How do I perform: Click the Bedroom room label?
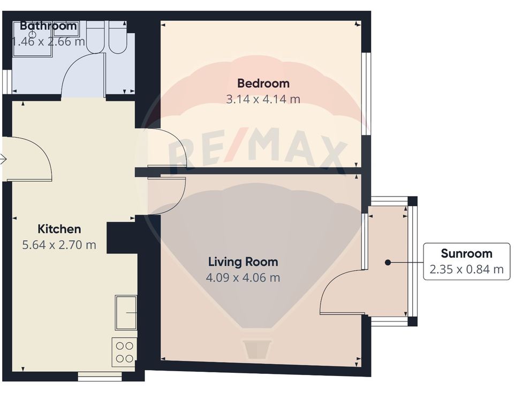point(263,83)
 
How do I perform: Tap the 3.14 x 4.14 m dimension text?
point(263,99)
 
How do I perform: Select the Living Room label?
point(243,262)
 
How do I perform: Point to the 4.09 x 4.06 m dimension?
point(243,277)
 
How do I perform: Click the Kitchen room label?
point(59,229)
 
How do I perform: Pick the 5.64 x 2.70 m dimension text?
point(59,245)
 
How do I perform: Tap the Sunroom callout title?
point(466,253)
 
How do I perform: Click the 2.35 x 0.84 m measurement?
point(466,269)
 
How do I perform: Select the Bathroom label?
point(48,26)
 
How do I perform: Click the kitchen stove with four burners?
point(124,351)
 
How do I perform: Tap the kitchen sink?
point(126,312)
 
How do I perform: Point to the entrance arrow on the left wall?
point(3,159)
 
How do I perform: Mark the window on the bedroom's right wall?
point(366,93)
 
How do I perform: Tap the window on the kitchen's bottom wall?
point(100,377)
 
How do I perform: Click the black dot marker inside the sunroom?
point(388,262)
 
